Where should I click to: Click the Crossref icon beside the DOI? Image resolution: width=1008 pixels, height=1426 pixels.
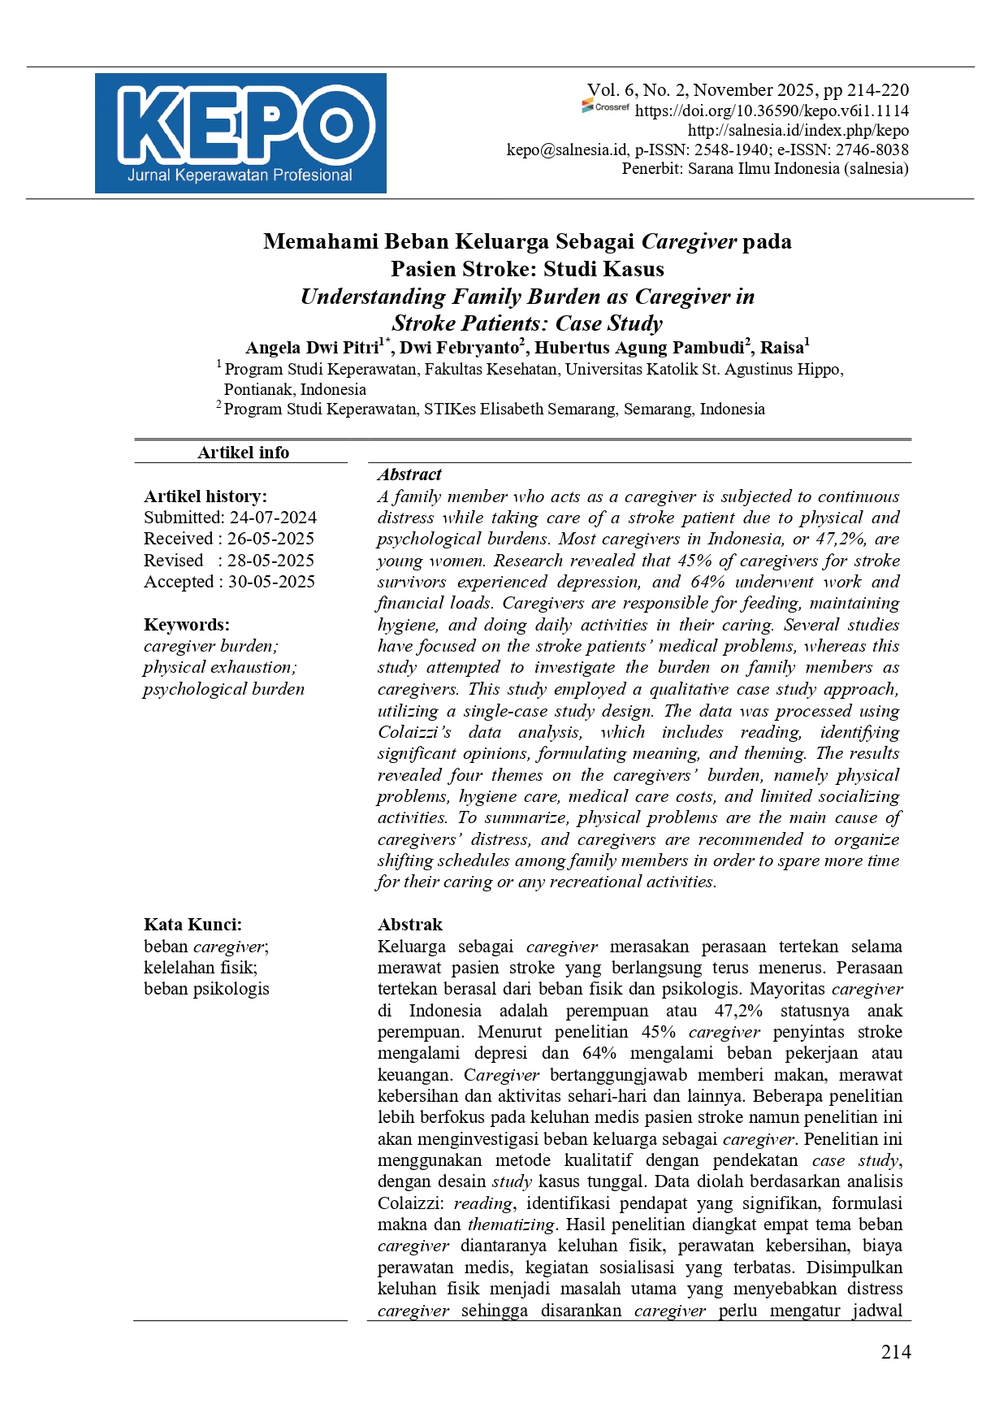point(605,106)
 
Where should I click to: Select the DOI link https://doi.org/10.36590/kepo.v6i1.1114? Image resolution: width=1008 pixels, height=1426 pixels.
point(772,111)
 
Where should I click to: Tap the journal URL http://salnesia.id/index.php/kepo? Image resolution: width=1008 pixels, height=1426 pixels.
point(798,131)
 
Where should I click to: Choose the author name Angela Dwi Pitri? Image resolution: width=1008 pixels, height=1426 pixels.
point(313,348)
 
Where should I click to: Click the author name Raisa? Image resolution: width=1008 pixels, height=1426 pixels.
point(781,348)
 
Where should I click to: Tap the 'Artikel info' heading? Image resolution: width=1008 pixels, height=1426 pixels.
point(243,453)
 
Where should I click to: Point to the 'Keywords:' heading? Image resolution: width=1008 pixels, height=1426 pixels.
point(187,625)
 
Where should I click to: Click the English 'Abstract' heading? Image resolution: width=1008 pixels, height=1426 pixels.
point(409,475)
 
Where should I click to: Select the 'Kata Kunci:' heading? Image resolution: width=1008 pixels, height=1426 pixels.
point(193,925)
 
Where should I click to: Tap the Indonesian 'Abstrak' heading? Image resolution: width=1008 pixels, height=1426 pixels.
point(410,925)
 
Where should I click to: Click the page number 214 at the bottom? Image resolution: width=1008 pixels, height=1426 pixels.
point(896,1352)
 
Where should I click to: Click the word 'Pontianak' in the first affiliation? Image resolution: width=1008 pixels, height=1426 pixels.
point(258,389)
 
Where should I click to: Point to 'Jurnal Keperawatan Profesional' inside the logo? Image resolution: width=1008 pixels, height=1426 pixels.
point(240,176)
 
